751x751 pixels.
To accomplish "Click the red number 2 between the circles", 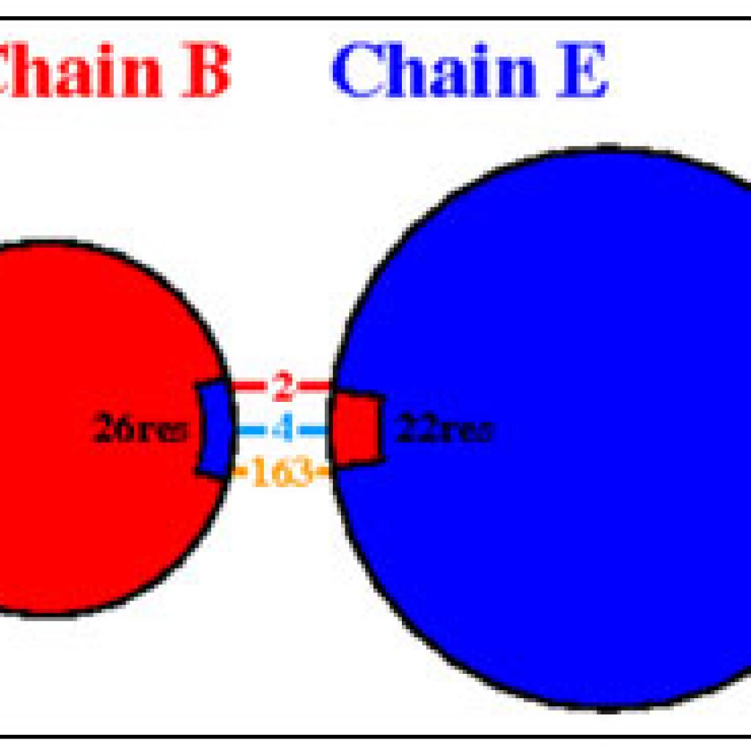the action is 282,387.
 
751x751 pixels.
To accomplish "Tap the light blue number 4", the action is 282,428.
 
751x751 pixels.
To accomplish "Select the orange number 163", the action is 282,472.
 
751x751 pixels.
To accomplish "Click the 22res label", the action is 443,428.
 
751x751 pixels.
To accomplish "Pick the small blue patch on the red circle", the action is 215,428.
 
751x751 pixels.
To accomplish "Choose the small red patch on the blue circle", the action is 357,428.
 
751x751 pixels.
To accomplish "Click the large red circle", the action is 96,428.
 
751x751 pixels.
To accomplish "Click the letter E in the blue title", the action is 582,70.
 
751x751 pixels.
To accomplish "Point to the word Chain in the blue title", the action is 434,70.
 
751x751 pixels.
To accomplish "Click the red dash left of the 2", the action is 249,385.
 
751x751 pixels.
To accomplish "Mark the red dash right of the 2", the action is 314,385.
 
